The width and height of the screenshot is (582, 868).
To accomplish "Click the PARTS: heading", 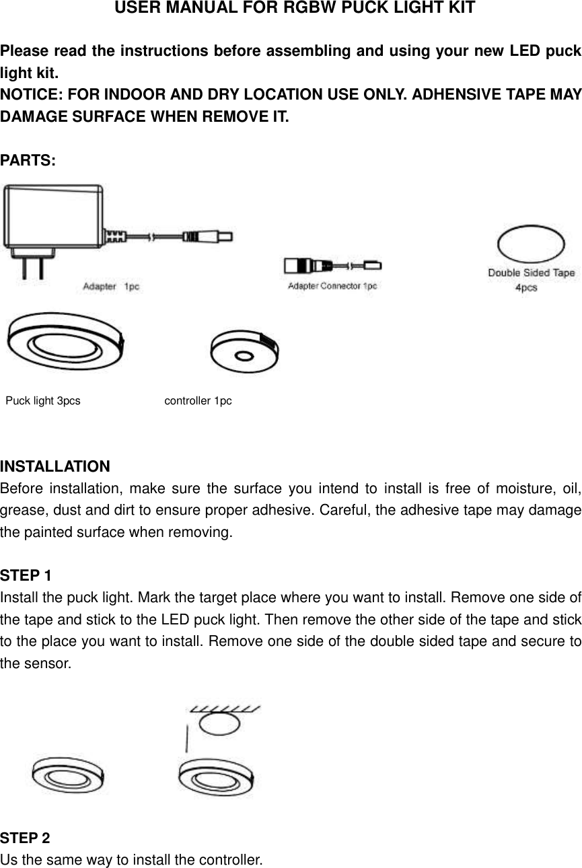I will tap(28, 161).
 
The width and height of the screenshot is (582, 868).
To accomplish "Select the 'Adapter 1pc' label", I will tap(111, 287).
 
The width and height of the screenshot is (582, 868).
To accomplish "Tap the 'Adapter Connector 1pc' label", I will tap(332, 286).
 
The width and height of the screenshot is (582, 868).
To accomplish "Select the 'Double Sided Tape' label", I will tap(531, 273).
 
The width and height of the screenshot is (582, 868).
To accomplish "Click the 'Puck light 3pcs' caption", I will tap(43, 401).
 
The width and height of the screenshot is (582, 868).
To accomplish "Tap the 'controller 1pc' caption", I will tap(198, 401).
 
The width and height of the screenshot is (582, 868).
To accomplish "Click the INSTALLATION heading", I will tap(55, 467).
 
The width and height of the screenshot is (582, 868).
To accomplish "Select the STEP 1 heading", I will tap(26, 576).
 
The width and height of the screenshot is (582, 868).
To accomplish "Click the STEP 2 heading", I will tap(26, 838).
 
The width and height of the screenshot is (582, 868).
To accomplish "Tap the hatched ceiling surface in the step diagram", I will tap(225, 709).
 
